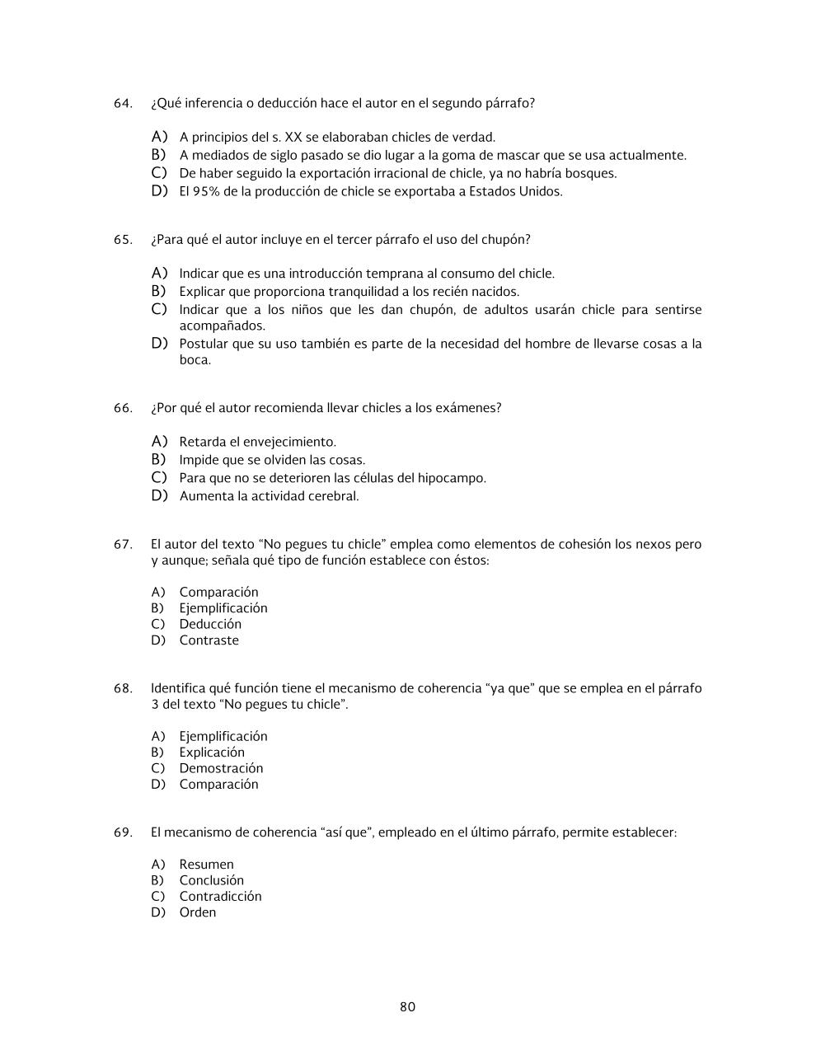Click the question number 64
tap(122, 103)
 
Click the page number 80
tap(407, 1006)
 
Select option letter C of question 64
tap(159, 173)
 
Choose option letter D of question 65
tap(159, 343)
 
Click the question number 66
tap(122, 408)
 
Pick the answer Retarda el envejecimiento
tap(257, 442)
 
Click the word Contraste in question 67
tap(209, 640)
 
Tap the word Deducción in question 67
tap(210, 624)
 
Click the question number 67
tap(122, 544)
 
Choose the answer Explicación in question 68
tap(212, 752)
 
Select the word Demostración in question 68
tap(221, 768)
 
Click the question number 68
tap(122, 688)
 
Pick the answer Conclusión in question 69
tap(211, 880)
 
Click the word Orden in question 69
tap(198, 912)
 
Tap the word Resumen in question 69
tap(206, 864)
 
